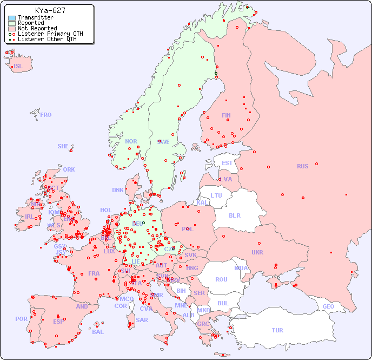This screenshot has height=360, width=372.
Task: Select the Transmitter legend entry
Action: point(35,18)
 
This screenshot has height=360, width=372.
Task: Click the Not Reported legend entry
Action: point(37,28)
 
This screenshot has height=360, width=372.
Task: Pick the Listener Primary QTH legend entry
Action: point(50,34)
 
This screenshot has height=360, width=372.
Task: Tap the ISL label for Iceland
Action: point(18,67)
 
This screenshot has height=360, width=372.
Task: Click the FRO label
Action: point(46,115)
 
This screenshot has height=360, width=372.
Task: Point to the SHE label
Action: point(63,146)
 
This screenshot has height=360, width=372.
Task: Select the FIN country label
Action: point(226,115)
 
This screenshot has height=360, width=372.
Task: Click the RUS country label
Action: point(302,166)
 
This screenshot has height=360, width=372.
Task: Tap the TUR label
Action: point(277,330)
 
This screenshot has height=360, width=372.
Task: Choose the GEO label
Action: point(328,306)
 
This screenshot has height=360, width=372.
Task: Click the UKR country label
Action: point(257,252)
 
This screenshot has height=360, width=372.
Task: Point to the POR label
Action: point(21,319)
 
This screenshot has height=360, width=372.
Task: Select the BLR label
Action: point(235,215)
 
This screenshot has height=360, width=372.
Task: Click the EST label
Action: point(227,163)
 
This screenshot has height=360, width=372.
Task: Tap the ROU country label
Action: point(221,279)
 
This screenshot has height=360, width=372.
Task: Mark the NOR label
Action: point(131,141)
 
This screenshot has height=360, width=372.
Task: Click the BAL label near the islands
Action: point(98,332)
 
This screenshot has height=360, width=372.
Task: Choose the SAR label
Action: point(142,320)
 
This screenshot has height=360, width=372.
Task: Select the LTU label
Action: point(216,195)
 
